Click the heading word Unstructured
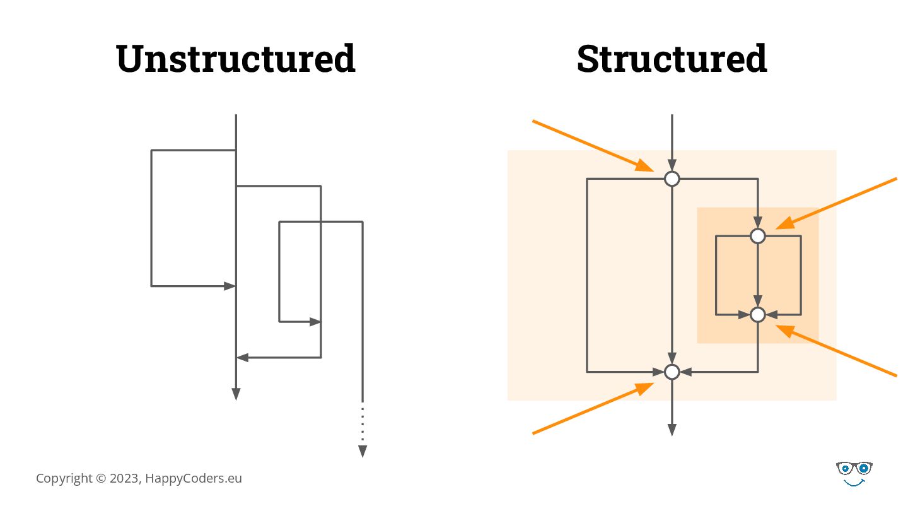[x=236, y=59]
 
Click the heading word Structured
[x=672, y=59]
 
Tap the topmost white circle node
[x=672, y=179]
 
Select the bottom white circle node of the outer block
[x=672, y=372]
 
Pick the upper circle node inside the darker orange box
[x=758, y=236]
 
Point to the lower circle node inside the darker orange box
[x=758, y=314]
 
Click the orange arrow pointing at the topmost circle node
[x=593, y=145]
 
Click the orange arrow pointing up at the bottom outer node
[x=593, y=408]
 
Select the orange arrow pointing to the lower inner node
[x=835, y=351]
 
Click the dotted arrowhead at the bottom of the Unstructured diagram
[x=363, y=451]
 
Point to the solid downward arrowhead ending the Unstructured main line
[x=236, y=394]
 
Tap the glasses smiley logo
[x=854, y=473]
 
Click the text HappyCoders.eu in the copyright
[x=194, y=478]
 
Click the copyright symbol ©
[x=101, y=478]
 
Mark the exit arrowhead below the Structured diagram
[x=672, y=430]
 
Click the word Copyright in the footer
[x=64, y=478]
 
